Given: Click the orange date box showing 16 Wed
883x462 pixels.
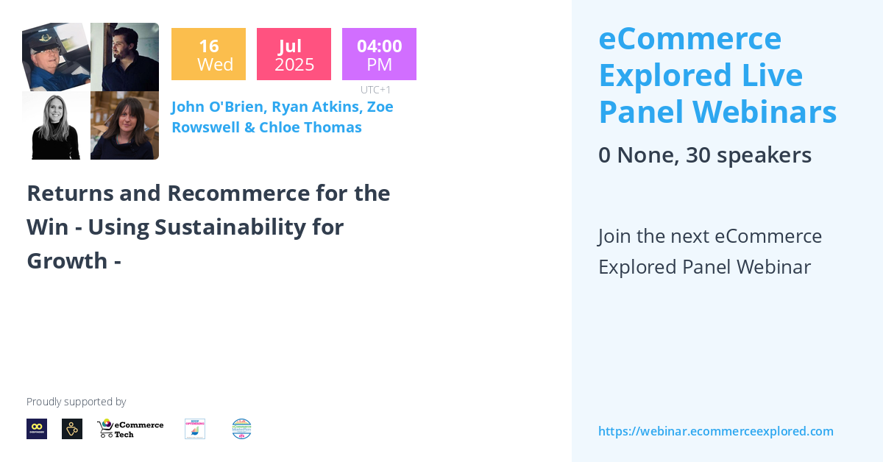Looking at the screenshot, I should pos(208,54).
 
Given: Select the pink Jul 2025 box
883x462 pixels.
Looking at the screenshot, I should pos(294,54).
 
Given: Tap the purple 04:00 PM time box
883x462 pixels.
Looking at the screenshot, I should pos(379,54).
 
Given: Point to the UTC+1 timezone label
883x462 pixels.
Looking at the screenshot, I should pos(375,90).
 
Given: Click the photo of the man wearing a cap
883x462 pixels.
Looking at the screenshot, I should pos(56,57).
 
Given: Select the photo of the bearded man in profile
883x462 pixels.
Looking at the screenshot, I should pos(124,57).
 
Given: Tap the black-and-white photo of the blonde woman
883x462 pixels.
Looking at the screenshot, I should pos(56,126).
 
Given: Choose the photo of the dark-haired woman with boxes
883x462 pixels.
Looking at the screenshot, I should pos(124,126).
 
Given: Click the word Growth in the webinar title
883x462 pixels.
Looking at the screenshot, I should pos(67,260).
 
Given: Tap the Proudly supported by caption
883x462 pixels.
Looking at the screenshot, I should pos(76,402).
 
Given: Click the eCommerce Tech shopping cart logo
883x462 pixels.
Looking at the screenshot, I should pos(130,429).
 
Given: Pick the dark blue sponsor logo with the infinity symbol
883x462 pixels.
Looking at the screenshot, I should pos(37,429).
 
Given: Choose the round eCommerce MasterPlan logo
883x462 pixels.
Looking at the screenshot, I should pos(241,429).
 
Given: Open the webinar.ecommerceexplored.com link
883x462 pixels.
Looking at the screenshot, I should pos(715,431).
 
